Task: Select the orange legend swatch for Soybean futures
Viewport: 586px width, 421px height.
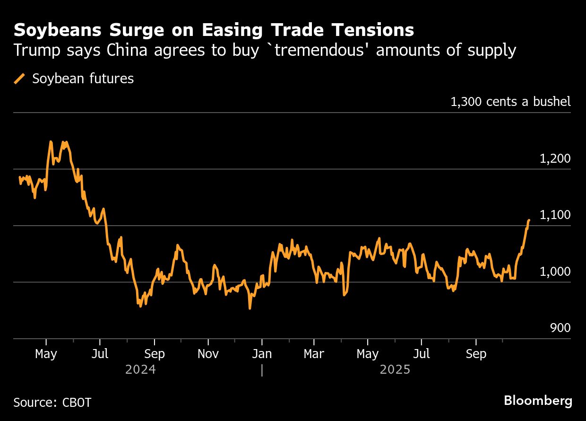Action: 20,79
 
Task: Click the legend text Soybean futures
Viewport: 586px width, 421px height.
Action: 83,79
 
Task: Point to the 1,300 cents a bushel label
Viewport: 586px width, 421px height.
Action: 510,102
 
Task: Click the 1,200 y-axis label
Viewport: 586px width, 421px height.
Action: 555,159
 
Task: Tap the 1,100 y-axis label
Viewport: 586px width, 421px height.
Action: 555,215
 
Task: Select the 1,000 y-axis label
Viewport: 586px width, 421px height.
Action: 555,272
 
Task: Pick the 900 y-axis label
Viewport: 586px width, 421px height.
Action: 560,328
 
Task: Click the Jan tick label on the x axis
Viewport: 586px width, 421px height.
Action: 261,354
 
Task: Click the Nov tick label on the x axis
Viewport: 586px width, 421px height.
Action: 208,354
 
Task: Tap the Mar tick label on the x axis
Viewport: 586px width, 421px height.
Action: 314,354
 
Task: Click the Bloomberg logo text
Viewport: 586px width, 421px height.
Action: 538,401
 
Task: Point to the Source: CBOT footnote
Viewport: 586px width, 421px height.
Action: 52,403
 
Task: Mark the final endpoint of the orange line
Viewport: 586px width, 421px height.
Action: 529,220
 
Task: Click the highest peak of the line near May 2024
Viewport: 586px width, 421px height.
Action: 51,141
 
